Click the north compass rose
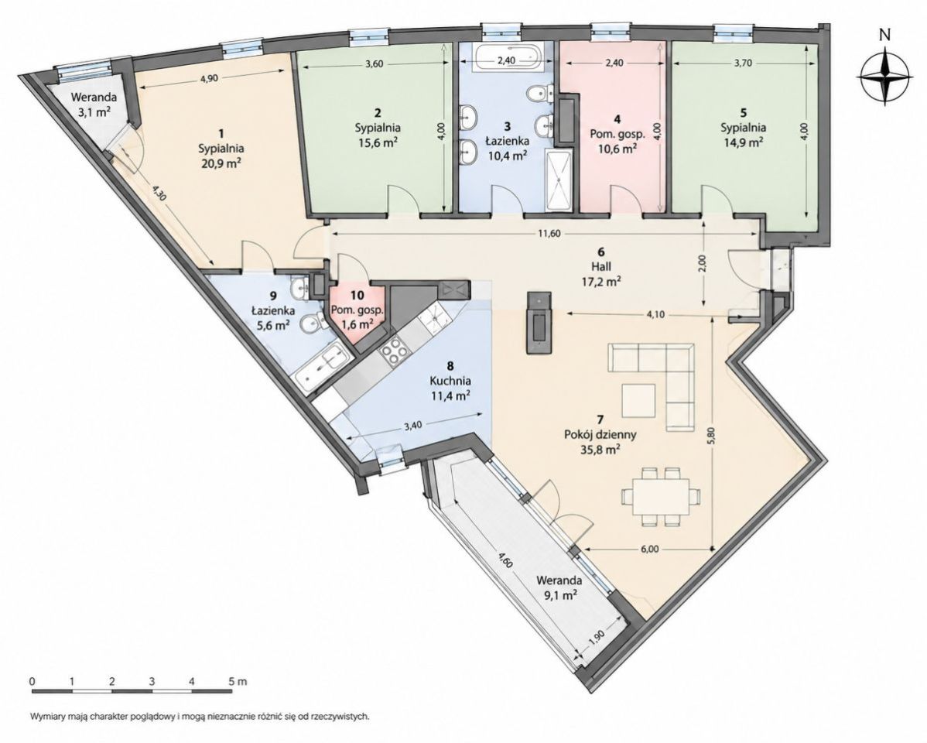pyautogui.click(x=884, y=77)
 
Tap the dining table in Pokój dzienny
pyautogui.click(x=660, y=496)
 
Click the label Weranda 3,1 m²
pyautogui.click(x=91, y=104)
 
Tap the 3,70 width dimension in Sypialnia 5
pyautogui.click(x=742, y=64)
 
